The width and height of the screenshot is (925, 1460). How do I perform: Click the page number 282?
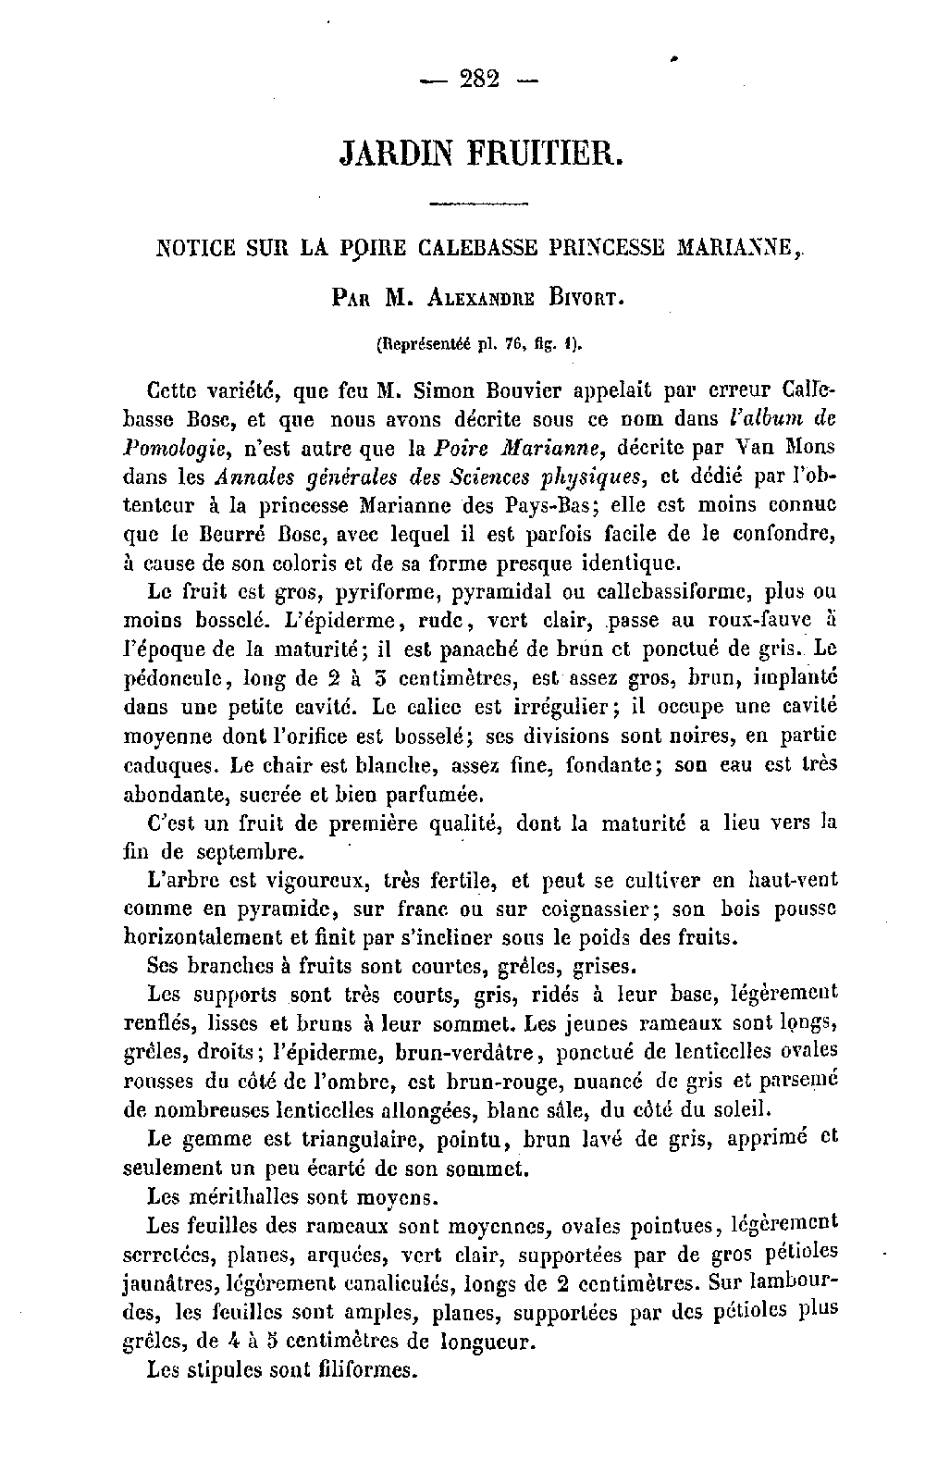point(478,80)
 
